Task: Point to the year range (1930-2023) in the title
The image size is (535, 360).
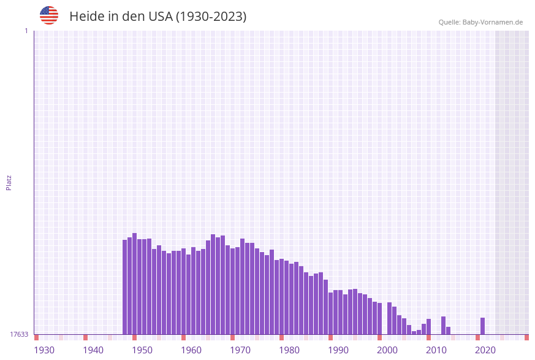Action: coord(211,17)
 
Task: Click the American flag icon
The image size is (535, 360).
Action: coord(49,15)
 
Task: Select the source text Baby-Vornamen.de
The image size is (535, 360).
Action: coord(492,22)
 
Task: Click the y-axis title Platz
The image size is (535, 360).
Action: coord(9,182)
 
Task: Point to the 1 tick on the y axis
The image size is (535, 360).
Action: coord(26,31)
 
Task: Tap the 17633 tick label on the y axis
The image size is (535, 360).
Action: coord(19,334)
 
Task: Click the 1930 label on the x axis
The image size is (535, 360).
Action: coord(44,350)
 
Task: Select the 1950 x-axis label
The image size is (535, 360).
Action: coord(142,350)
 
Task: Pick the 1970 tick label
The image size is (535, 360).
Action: coord(240,350)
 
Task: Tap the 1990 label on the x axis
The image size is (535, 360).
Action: coord(338,350)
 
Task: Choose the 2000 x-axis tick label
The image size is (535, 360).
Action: coord(387,350)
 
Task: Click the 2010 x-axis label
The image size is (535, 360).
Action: coord(436,350)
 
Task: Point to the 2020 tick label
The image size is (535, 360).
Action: coord(485,350)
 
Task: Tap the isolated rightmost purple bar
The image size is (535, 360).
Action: coord(483,326)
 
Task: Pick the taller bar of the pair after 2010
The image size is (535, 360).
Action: coord(444,325)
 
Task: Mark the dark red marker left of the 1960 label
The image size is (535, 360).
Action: coord(183,337)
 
